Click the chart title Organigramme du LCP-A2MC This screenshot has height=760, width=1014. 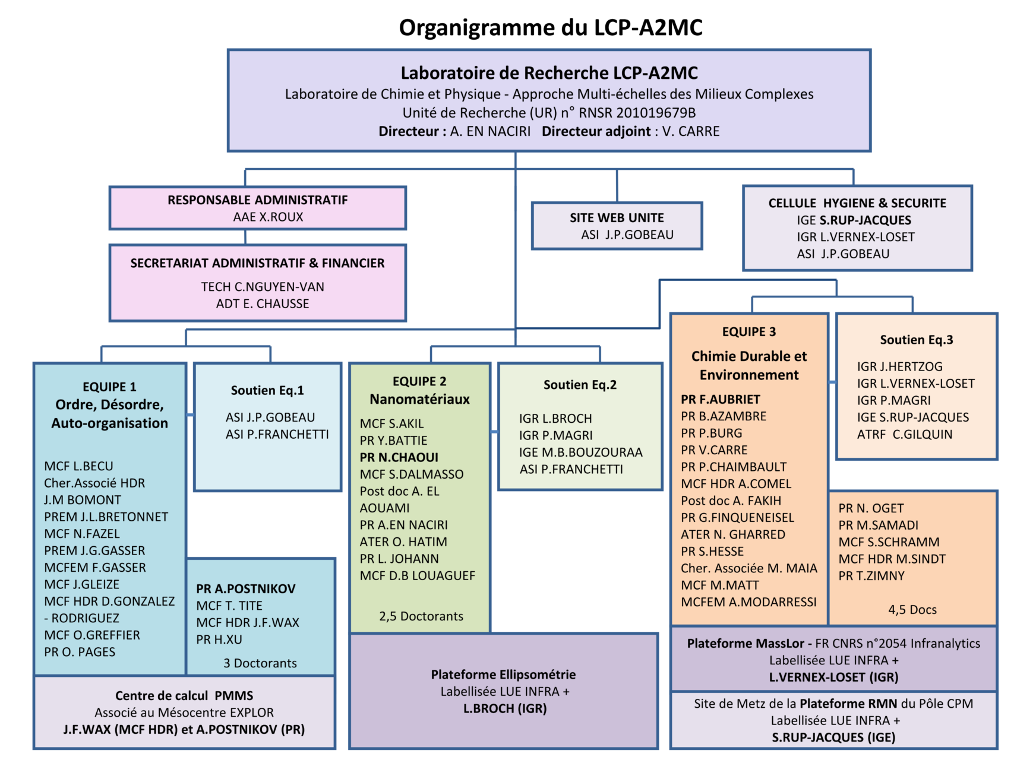coord(551,28)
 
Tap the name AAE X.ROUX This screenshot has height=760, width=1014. coord(268,217)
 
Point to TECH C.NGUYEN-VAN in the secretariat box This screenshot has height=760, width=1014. coord(263,287)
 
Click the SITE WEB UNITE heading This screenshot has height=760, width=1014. coord(617,218)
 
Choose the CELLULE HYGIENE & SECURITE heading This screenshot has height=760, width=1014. coord(857,203)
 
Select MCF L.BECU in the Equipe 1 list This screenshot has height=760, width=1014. coord(78,466)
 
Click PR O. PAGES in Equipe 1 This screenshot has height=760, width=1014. coord(80,652)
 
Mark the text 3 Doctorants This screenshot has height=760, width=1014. coord(260,663)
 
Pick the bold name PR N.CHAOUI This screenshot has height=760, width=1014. coord(399,457)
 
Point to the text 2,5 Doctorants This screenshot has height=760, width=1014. coord(421,616)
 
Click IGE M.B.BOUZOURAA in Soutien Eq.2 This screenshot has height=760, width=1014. coord(581,452)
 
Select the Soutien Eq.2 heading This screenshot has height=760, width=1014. coord(580,385)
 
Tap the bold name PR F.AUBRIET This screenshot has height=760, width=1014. coord(721,400)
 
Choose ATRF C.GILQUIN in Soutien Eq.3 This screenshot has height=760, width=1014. coord(905,434)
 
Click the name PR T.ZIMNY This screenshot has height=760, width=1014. coord(871,576)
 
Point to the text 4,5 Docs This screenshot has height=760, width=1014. coord(912,610)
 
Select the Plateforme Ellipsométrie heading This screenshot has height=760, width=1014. coord(504,674)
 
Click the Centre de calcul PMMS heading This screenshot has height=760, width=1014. coord(184,696)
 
